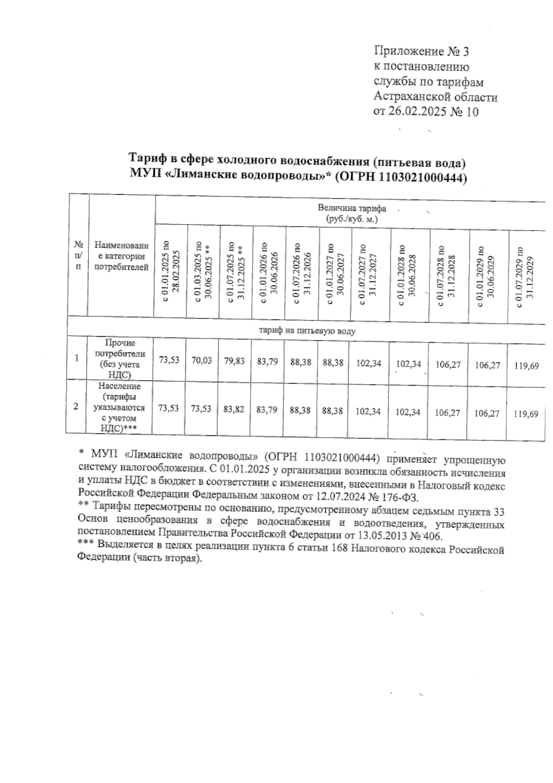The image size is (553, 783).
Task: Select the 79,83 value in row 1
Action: click(x=235, y=362)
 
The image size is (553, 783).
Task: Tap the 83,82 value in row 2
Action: click(x=235, y=409)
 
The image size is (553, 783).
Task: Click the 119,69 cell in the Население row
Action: click(x=526, y=414)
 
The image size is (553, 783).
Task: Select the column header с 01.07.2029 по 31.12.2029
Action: click(x=525, y=277)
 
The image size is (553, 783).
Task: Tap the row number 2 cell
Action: click(x=76, y=406)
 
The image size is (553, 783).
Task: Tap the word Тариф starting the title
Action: click(x=143, y=159)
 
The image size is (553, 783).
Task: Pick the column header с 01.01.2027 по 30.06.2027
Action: click(x=335, y=274)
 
